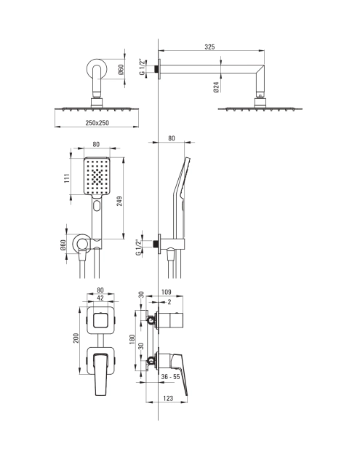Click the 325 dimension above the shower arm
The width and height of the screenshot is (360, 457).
pos(209,47)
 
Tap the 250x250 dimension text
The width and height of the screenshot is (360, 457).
pos(97,123)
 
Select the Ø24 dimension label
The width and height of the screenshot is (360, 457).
pos(216,87)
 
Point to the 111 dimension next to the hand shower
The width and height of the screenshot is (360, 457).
pos(68,178)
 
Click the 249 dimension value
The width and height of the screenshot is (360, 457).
pos(119,201)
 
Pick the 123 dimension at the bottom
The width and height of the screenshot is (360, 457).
pos(168,398)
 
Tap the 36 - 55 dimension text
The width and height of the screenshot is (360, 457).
pos(170,376)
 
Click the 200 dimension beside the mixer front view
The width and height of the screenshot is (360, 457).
pos(76,338)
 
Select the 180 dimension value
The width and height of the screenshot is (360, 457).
pos(132,339)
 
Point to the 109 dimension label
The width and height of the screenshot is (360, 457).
pos(166,292)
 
